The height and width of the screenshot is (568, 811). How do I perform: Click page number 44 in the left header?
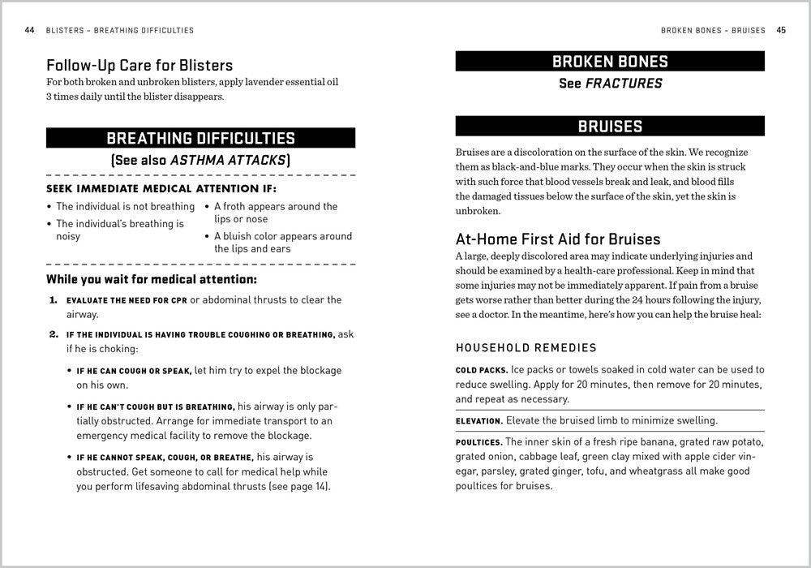point(29,31)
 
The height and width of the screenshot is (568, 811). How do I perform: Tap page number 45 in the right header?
point(781,31)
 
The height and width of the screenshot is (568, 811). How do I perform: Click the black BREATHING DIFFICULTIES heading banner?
point(200,138)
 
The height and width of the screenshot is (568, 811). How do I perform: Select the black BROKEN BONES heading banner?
point(610,62)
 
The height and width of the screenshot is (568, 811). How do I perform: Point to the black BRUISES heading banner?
point(610,126)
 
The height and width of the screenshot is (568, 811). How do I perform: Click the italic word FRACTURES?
point(624,84)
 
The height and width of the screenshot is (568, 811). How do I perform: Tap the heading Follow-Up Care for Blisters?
point(139,66)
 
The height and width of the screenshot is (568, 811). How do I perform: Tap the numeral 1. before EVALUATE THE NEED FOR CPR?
point(53,300)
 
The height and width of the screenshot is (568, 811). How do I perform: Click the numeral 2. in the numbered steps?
point(53,334)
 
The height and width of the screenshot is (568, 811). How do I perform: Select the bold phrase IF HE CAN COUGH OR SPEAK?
point(134,371)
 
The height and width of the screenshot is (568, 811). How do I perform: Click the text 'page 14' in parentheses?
point(308,488)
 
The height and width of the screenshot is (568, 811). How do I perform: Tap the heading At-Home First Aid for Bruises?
point(558,239)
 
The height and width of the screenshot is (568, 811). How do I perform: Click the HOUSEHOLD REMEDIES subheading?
point(526,348)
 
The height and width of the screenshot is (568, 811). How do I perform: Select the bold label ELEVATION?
point(478,420)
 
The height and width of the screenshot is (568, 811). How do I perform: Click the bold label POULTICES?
point(478,442)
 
